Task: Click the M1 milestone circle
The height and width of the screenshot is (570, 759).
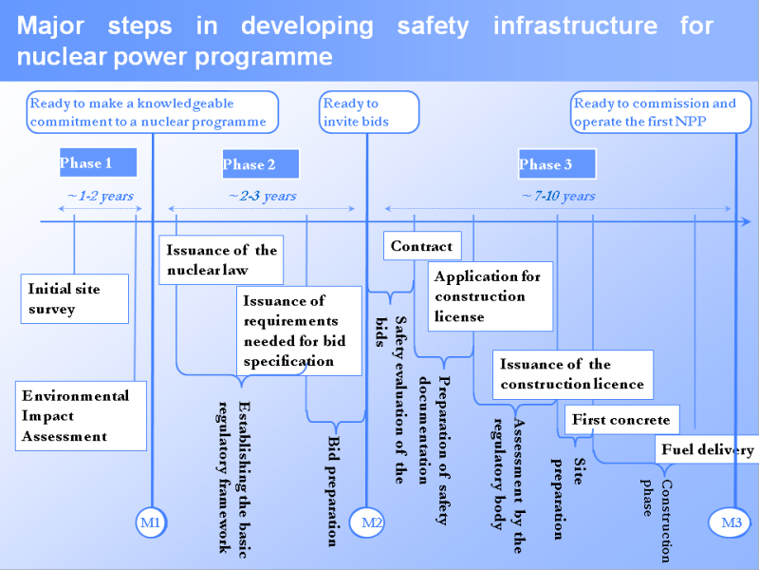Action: pyautogui.click(x=152, y=522)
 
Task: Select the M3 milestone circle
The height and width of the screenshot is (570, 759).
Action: pyautogui.click(x=731, y=522)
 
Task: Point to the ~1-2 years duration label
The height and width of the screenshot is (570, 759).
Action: pyautogui.click(x=100, y=197)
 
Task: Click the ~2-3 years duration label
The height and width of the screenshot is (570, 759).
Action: pyautogui.click(x=262, y=197)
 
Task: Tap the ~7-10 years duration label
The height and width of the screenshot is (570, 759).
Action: pyautogui.click(x=559, y=197)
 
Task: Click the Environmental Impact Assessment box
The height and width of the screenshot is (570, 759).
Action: pyautogui.click(x=82, y=416)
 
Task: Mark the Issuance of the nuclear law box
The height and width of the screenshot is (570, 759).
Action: pyautogui.click(x=222, y=260)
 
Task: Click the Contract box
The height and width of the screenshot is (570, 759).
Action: pyautogui.click(x=422, y=247)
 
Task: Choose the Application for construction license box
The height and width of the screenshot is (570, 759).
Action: pyautogui.click(x=490, y=296)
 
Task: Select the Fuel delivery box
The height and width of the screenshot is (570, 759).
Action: pyautogui.click(x=707, y=450)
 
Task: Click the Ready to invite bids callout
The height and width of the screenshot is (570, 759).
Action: pyautogui.click(x=369, y=112)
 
